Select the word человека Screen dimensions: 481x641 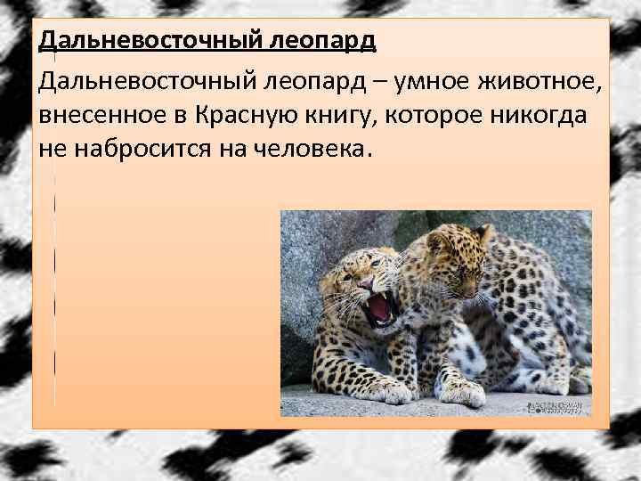[x=294, y=151]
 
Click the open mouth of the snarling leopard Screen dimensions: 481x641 [x=380, y=308]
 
